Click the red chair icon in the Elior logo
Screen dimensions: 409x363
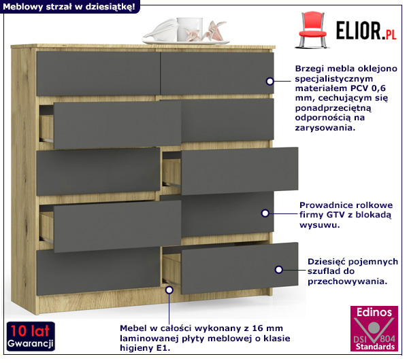pos(312,30)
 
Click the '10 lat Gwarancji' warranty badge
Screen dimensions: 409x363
pos(31,336)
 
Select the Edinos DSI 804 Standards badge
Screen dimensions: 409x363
pos(374,328)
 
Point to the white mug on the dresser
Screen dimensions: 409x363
pos(189,29)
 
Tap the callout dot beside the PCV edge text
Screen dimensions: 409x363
pos(270,82)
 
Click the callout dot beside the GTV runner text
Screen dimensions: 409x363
pos(265,213)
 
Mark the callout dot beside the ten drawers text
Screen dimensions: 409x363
pos(278,269)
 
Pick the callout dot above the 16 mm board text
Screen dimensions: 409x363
pos(169,290)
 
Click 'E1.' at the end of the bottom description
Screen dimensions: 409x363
pos(163,348)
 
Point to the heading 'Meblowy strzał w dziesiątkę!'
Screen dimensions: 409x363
pos(69,7)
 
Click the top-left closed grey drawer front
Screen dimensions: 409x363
pos(98,73)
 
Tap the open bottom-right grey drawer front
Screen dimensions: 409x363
pos(240,268)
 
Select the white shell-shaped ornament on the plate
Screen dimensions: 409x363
pos(161,30)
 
